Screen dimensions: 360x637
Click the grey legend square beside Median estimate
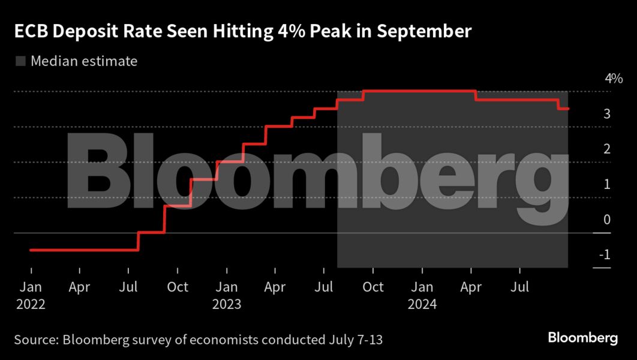coord(20,61)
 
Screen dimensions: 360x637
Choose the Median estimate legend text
coord(84,61)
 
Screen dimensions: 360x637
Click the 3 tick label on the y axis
coord(607,114)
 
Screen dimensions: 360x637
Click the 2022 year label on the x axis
coord(31,304)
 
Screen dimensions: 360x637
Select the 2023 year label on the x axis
coord(226,304)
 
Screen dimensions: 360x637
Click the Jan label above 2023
coord(226,287)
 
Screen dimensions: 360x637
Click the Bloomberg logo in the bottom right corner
coord(582,338)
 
